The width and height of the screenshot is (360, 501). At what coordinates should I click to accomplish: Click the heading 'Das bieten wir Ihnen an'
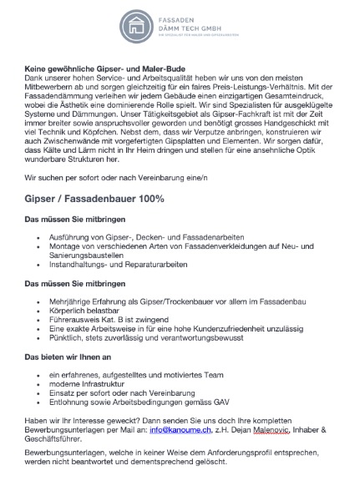(67, 358)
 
